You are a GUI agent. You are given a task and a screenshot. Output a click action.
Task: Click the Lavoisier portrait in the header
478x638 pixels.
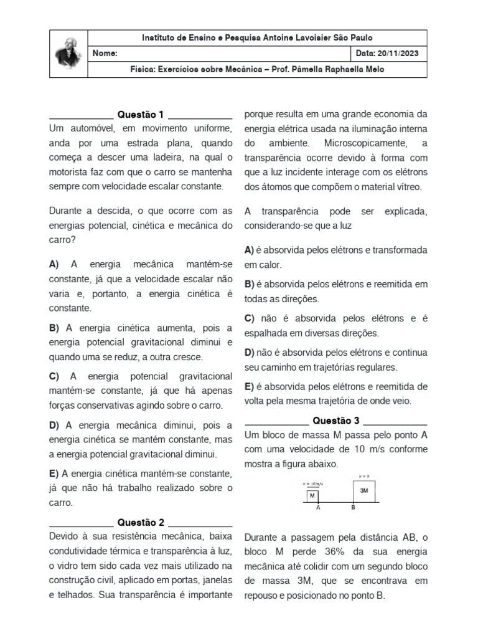tap(68, 53)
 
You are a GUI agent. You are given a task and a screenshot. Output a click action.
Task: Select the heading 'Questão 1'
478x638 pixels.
tap(141, 115)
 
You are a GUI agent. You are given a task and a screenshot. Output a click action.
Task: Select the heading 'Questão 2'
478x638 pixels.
tap(141, 522)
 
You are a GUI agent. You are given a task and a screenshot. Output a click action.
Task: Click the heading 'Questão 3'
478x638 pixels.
tap(335, 421)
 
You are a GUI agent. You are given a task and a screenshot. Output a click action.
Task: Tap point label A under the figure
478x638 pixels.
tap(319, 508)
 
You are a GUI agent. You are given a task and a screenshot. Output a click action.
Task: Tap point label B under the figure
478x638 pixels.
tap(353, 508)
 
